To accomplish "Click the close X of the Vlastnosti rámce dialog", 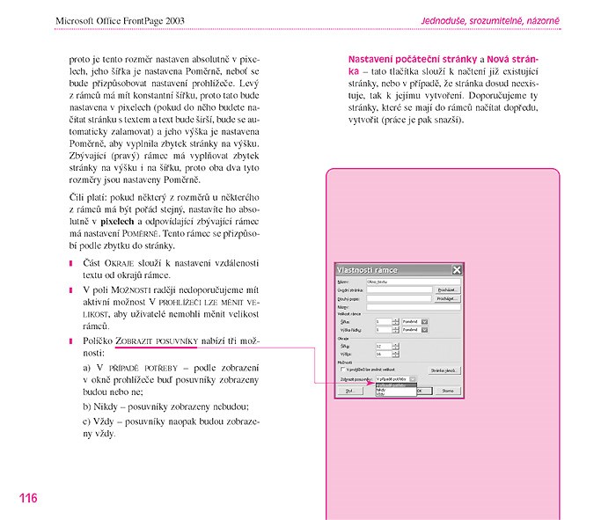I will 457,270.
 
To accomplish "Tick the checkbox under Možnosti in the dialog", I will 342,370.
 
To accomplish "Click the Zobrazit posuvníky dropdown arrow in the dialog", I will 414,379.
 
